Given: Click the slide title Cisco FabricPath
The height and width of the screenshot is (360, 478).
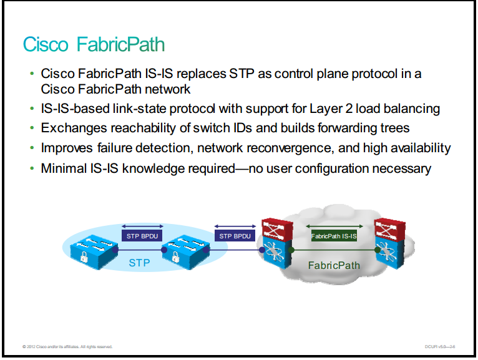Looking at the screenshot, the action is [94, 44].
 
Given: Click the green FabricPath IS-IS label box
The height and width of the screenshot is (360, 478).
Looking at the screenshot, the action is [334, 236].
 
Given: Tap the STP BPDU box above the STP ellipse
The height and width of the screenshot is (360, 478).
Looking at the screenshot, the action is [142, 236].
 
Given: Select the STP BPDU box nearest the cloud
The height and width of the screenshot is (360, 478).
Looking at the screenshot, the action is [235, 236].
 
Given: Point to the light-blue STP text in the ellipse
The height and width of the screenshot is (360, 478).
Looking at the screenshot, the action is [139, 263].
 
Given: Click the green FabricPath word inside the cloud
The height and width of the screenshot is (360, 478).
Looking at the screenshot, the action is [334, 266].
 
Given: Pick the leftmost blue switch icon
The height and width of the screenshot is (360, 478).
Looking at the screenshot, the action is [94, 252].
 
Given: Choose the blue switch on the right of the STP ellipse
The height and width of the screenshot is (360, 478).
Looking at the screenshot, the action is [186, 252].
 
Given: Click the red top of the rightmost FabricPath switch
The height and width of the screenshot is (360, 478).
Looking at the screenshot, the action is [390, 229].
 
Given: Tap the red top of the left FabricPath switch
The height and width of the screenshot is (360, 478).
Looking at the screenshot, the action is [277, 229].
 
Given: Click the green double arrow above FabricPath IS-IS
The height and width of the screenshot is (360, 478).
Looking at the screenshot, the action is [334, 226].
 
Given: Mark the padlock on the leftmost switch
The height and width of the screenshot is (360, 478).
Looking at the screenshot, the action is [84, 258].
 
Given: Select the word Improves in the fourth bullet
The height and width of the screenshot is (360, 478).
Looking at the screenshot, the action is [67, 148].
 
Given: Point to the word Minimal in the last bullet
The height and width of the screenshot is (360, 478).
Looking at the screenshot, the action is [64, 168].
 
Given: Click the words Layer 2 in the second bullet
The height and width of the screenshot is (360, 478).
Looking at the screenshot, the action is [331, 109].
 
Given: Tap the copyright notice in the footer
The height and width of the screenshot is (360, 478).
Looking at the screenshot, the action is [67, 347].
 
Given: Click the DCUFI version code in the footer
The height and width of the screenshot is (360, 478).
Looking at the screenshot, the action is [440, 347].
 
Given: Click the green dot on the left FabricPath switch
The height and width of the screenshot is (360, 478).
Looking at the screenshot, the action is [291, 250].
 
